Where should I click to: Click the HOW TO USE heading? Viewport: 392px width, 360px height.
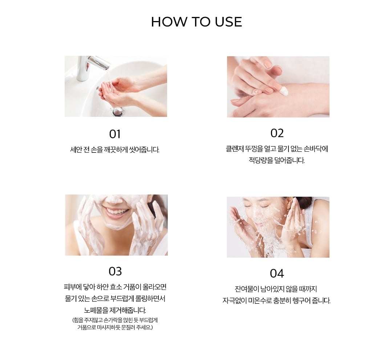pyautogui.click(x=197, y=22)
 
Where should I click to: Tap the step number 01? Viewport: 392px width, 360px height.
pyautogui.click(x=115, y=134)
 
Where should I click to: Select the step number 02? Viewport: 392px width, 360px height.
pyautogui.click(x=277, y=133)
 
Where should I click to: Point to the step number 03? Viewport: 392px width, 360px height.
pyautogui.click(x=115, y=271)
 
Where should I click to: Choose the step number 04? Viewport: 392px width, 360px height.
pyautogui.click(x=277, y=274)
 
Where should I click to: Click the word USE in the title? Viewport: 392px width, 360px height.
pyautogui.click(x=229, y=22)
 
